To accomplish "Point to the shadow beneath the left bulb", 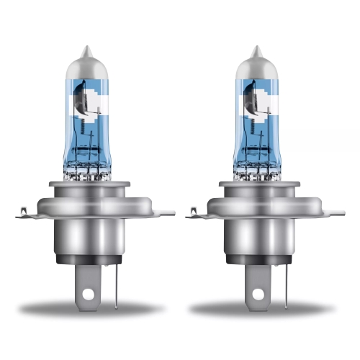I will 90,308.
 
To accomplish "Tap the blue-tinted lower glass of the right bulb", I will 256,155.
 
